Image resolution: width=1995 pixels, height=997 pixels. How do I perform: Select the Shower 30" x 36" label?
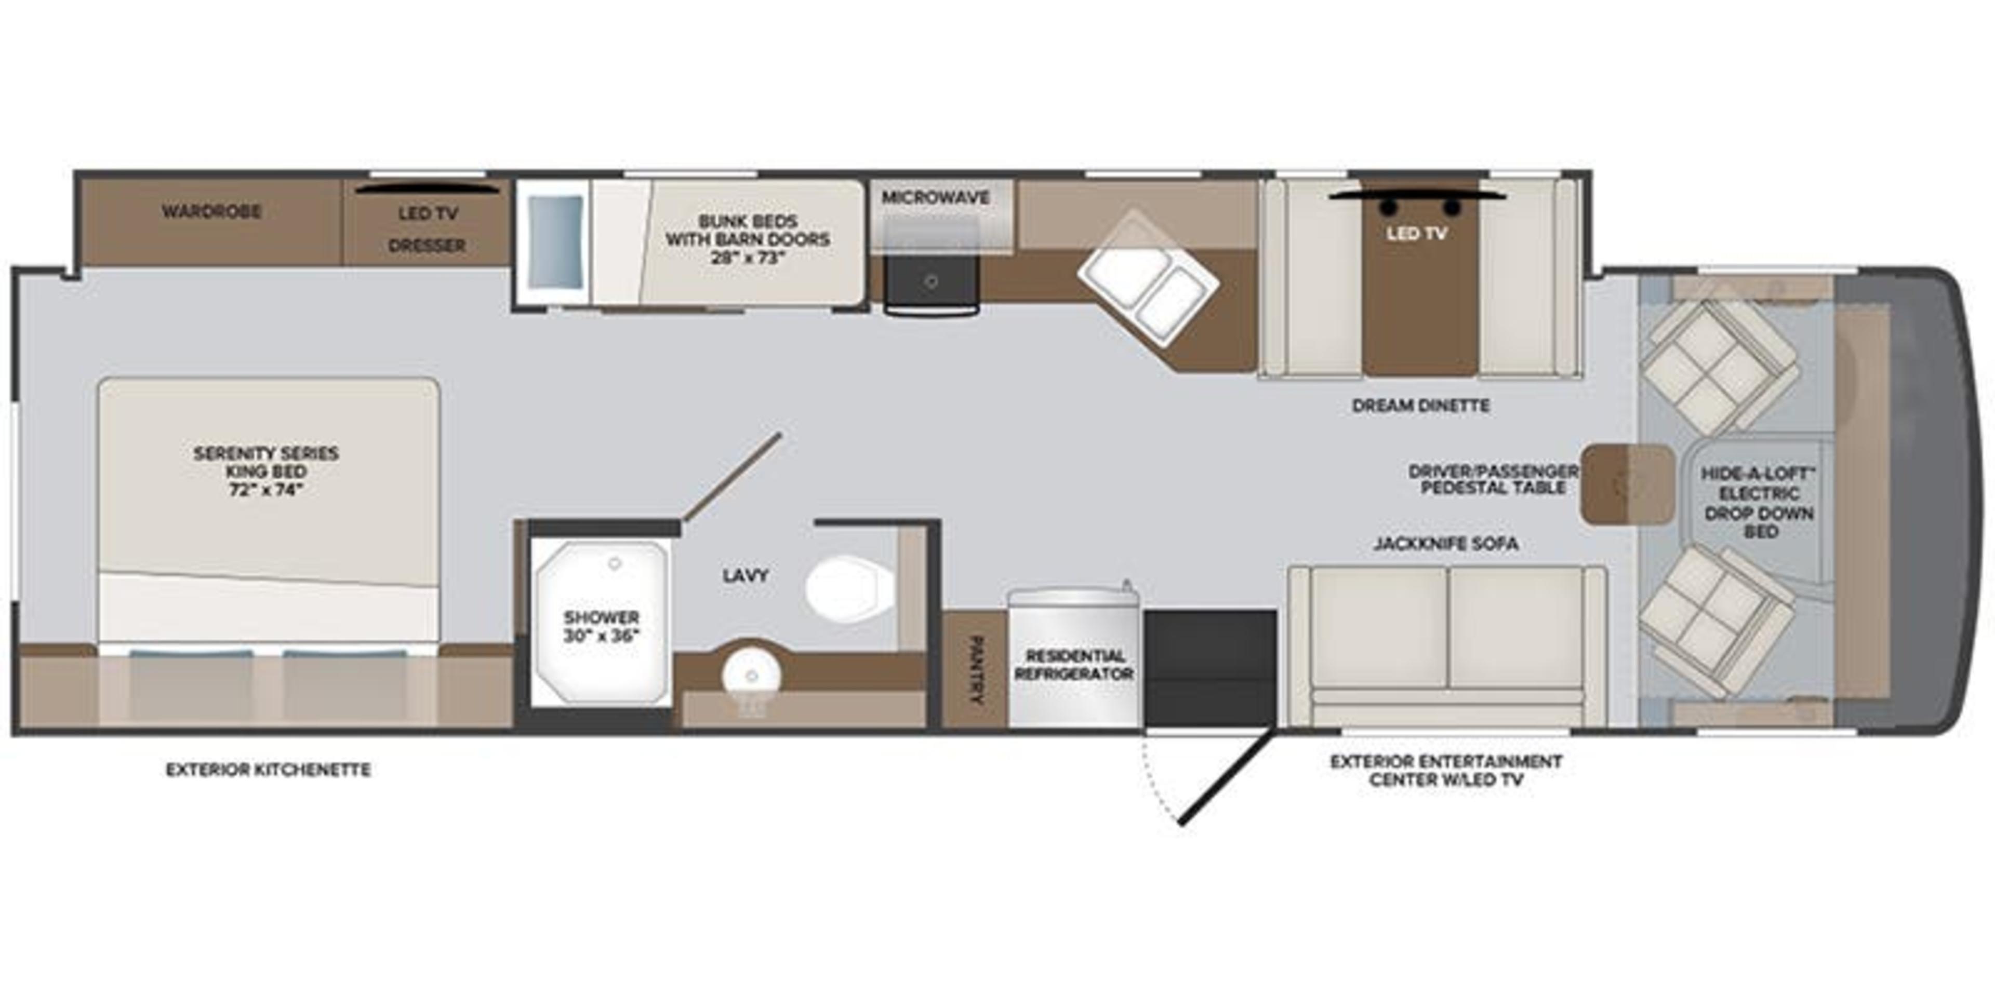tap(601, 627)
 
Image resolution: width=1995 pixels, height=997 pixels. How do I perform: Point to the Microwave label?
tap(936, 197)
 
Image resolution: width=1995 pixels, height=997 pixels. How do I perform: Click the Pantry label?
tap(975, 669)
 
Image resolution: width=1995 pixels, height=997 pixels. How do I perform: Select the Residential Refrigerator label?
tap(1073, 664)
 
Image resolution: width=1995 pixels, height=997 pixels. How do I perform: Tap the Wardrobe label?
tap(210, 211)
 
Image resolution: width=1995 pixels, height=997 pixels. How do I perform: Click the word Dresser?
tap(427, 246)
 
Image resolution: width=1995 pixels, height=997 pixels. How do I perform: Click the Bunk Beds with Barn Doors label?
tap(748, 239)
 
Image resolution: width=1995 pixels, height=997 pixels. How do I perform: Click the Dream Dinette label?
tap(1420, 406)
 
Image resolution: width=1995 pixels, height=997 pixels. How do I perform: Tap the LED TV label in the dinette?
tap(1416, 233)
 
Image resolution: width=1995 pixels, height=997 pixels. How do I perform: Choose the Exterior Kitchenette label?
tap(268, 770)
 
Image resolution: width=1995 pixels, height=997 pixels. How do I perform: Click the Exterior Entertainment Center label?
tap(1445, 770)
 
